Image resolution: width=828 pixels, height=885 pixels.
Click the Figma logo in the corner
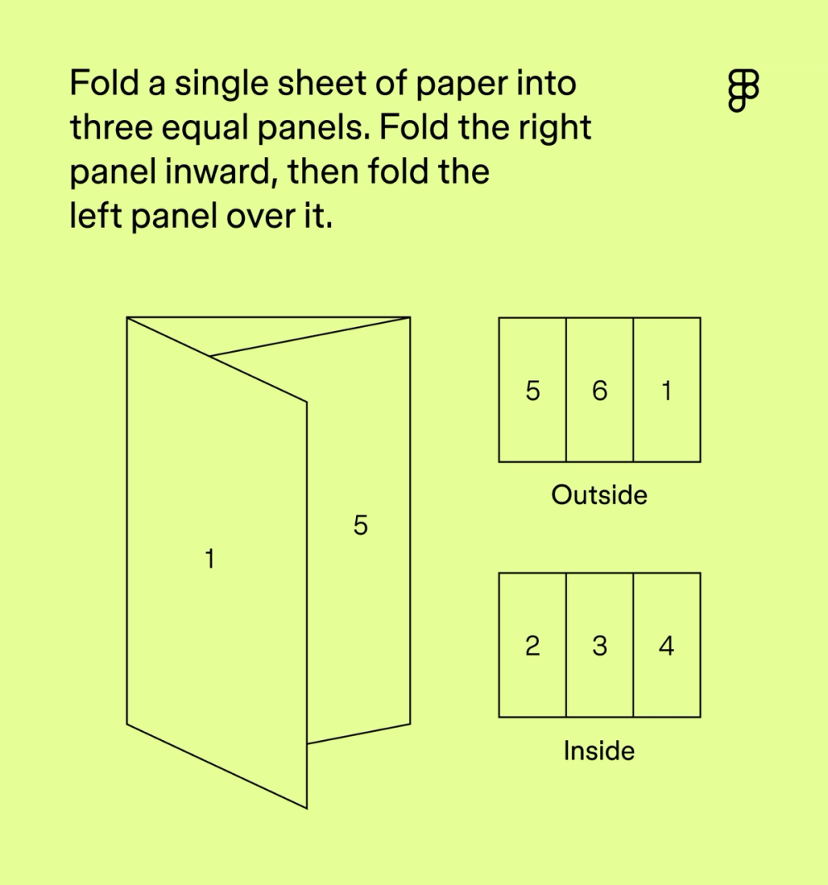point(743,89)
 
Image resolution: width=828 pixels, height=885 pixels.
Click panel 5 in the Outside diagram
point(532,390)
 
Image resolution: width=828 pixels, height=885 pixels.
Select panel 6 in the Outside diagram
point(599,390)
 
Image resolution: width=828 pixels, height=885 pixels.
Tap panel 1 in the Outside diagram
point(667,390)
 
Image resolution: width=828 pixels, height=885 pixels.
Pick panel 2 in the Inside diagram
point(532,645)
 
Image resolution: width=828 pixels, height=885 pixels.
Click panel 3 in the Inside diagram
point(599,645)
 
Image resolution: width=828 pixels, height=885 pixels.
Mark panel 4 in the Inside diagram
point(667,645)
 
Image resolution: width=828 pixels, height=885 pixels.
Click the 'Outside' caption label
point(599,495)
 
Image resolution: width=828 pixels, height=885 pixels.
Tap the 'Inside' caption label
point(599,751)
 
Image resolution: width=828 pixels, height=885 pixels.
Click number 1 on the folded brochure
point(210,560)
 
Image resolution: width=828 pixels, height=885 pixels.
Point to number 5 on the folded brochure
point(360,525)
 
